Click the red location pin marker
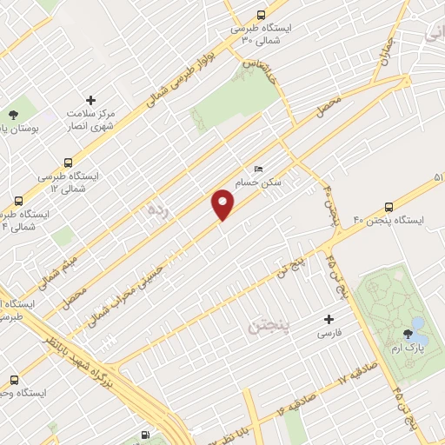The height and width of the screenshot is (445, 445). click(223, 205)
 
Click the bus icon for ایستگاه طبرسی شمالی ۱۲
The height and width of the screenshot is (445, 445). click(68, 162)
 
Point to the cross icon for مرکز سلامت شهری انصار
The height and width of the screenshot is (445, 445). click(90, 100)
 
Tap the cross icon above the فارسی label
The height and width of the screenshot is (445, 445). click(329, 319)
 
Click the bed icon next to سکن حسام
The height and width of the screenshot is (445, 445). click(256, 168)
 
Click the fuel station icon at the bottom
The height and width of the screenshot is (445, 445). click(144, 435)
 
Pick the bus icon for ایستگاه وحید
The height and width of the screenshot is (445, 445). click(13, 380)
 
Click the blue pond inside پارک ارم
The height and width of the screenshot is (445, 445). click(418, 324)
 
